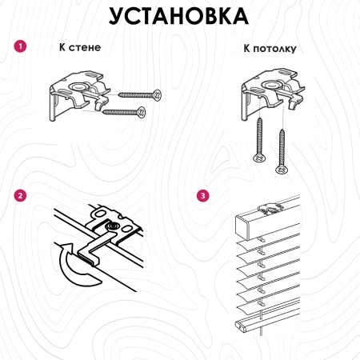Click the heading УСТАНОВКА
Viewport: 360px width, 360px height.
(178, 16)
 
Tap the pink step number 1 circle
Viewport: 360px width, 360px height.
(20, 46)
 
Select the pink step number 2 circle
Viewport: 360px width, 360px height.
(20, 196)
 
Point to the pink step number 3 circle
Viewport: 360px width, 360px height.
(203, 196)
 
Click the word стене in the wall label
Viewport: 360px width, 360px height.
(85, 48)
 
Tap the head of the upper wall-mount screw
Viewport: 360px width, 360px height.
(158, 95)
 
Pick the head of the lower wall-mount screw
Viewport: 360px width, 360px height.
(142, 112)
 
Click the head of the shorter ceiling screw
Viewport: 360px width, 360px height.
(259, 158)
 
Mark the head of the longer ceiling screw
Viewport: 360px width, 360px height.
(282, 170)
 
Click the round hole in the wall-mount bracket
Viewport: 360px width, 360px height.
(78, 86)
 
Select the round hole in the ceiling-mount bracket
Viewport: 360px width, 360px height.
(271, 85)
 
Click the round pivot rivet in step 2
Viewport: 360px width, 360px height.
(112, 226)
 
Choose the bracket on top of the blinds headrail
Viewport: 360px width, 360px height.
(270, 209)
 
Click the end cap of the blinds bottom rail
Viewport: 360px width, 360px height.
(241, 326)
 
